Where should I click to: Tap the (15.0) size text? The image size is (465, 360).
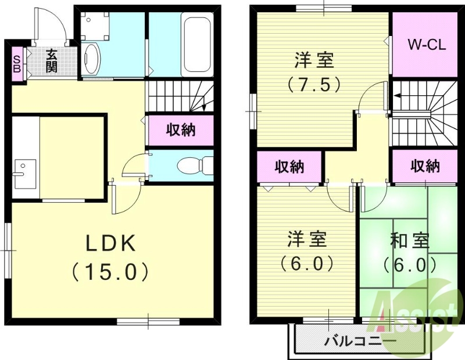(111, 271)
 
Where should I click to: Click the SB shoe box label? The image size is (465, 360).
(16, 63)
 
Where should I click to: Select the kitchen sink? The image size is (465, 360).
(21, 172)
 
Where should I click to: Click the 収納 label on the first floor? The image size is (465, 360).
(181, 130)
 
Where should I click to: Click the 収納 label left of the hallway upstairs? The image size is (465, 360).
(289, 167)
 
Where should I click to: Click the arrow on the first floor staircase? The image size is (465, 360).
(204, 107)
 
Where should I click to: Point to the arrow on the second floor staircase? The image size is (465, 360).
(398, 96)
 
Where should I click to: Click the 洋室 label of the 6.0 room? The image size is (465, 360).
(307, 239)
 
